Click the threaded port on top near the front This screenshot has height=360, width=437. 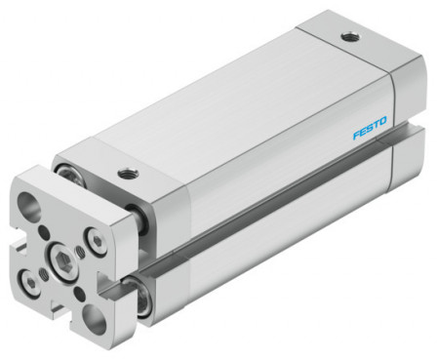(127, 176)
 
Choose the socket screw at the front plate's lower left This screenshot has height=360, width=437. (34, 282)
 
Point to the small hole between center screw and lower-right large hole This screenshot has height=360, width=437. (78, 294)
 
